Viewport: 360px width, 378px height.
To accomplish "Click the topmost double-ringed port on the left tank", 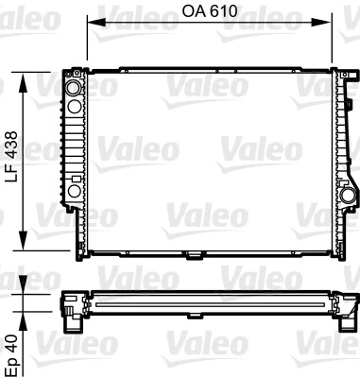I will (74, 87).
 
